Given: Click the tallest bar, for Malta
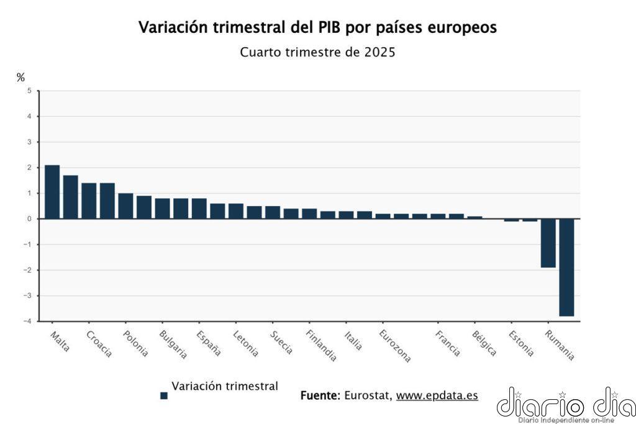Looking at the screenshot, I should pos(52,192).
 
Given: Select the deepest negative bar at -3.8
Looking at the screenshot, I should pos(566,268).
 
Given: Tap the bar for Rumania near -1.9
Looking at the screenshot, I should pos(548,243).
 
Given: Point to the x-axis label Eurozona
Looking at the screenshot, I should pos(395,346).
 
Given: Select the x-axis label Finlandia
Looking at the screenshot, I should pos(322,345).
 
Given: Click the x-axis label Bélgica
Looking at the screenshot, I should pos(484,343).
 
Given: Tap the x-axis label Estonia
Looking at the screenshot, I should pos(521,343).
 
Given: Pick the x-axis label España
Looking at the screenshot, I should pos(209,343).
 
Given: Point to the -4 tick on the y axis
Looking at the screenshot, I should pos(27,321).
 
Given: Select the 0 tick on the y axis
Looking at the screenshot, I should pos(29,219).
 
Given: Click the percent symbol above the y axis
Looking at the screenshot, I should pos(20,78).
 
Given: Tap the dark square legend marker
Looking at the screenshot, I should pos(164,395).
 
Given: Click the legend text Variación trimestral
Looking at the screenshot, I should pos(225,386).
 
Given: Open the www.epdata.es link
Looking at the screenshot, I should pos(437,395).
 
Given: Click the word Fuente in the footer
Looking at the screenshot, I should pos(320,395).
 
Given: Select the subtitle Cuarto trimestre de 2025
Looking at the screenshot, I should pos(317,52).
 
